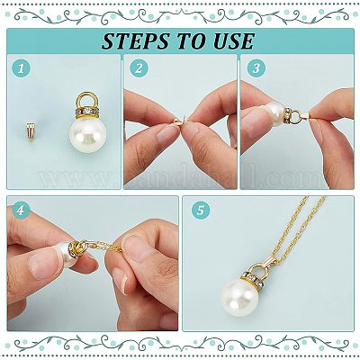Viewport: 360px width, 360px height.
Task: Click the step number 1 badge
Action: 21,68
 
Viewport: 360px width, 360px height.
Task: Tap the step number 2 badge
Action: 139,68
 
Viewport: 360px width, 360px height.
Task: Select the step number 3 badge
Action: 256,68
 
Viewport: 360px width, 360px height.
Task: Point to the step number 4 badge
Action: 21,210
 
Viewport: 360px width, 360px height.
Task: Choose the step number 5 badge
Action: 201,210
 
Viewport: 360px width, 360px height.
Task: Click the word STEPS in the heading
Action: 136,41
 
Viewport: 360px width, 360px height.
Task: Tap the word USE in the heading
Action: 234,41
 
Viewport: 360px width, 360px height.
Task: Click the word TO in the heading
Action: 192,41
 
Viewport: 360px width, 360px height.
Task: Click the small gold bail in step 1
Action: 31,131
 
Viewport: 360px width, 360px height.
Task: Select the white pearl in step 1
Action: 88,133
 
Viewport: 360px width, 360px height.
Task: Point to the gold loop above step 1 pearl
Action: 87,100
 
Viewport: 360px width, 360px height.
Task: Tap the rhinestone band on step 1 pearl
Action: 87,112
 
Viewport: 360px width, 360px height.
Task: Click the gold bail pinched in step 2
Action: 179,121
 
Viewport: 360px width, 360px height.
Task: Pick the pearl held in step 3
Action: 274,114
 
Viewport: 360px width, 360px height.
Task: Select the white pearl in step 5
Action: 239,297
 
